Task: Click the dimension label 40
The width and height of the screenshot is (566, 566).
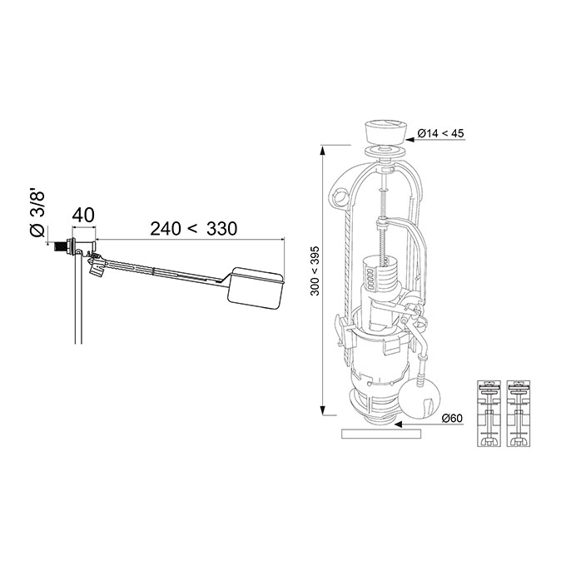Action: tap(83, 215)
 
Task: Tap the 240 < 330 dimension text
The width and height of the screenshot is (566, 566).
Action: tap(193, 229)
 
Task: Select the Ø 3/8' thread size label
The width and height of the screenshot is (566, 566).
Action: tap(37, 215)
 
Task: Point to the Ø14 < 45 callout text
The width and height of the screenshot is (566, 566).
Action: tap(440, 133)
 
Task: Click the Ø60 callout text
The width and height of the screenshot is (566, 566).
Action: tap(452, 419)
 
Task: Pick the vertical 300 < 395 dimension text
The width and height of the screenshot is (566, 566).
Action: tap(315, 271)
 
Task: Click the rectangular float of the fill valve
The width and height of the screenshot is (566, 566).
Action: tap(256, 288)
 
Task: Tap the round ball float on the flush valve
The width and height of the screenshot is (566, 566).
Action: tap(420, 400)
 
